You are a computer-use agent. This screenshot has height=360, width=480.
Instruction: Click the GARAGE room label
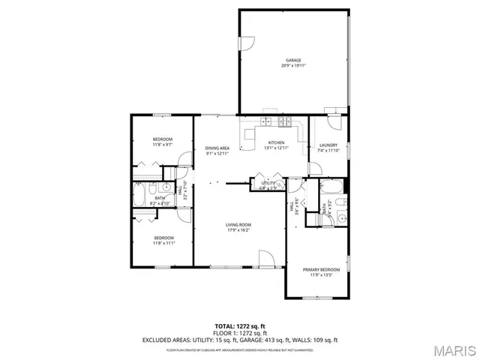tap(293, 60)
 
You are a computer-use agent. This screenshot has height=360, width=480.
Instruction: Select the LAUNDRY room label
tap(328, 145)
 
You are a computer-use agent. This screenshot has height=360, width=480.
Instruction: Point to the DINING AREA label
tap(217, 148)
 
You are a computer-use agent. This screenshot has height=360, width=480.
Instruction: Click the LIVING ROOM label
tap(238, 225)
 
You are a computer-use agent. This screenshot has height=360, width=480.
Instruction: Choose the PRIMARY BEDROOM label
tap(321, 269)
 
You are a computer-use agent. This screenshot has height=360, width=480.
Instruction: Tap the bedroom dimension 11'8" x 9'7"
tap(163, 145)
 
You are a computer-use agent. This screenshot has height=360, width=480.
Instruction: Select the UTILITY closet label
tap(268, 183)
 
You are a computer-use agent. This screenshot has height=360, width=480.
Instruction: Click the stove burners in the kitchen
tap(285, 122)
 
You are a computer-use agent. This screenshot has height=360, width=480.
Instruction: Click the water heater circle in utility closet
tap(277, 185)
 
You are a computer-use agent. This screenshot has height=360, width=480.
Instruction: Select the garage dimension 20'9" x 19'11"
tap(293, 65)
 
